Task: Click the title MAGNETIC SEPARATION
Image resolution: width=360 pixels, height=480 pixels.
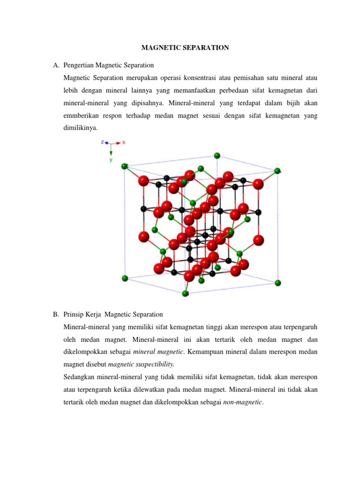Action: coord(180,47)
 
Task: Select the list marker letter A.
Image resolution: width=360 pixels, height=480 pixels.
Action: coord(55,65)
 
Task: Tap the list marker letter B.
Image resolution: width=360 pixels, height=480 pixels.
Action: coord(55,314)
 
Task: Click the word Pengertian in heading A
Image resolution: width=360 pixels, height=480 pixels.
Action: coord(80,65)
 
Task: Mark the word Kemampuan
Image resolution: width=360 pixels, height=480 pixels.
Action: coord(206,351)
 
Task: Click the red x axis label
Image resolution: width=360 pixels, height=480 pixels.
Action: coord(124,142)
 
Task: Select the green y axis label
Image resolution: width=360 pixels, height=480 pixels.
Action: coord(111,159)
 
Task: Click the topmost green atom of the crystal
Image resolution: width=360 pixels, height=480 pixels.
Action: coord(217,155)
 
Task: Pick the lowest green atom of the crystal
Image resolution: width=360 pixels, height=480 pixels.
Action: coord(185,293)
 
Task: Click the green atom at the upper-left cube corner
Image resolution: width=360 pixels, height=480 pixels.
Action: coord(124,166)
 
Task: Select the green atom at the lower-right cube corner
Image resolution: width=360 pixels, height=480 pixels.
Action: coord(277,282)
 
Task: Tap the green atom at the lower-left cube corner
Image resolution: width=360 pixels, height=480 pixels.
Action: coord(125,278)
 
